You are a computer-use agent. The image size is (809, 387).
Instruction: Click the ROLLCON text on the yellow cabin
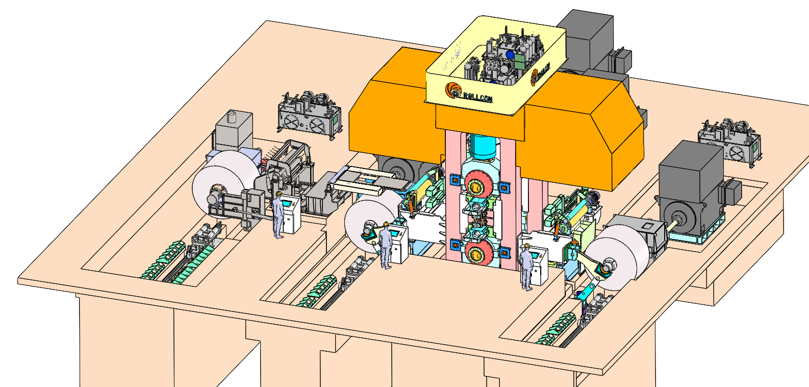tap(477, 96)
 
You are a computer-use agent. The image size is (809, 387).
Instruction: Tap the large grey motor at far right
tap(691, 191)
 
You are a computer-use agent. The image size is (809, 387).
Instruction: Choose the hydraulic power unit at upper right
tap(729, 140)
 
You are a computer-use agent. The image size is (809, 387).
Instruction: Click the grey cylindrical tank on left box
tap(233, 117)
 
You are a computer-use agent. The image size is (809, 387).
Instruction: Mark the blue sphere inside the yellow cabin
tap(510, 54)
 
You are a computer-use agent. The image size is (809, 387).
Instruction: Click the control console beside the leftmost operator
tap(291, 214)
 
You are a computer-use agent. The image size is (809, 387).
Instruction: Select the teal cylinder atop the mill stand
tap(482, 146)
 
